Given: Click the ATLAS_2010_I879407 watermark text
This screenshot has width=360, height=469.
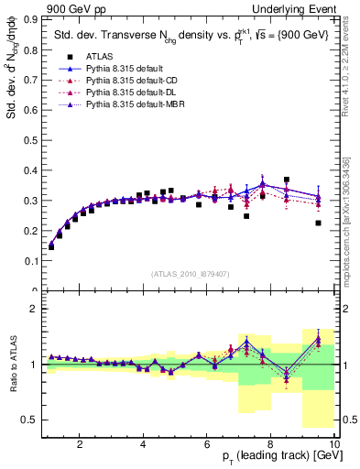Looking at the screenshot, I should [190, 274].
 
